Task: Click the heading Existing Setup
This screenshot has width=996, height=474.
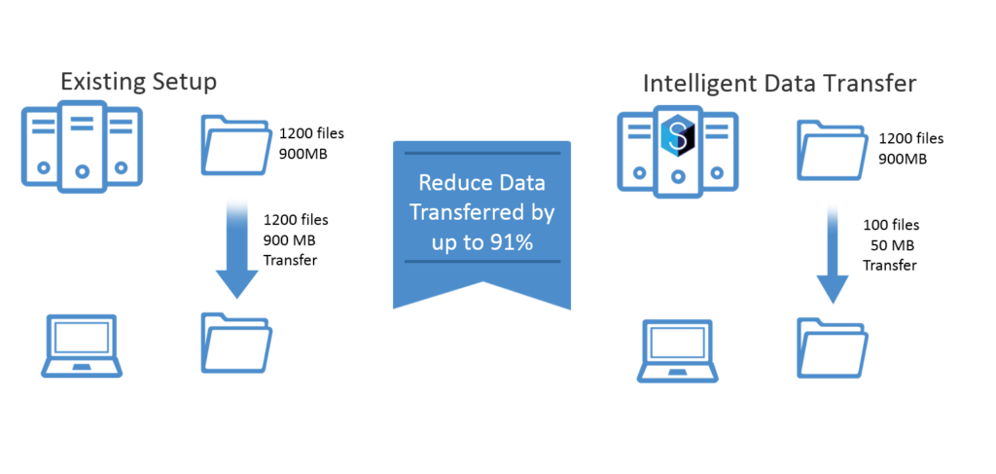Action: point(138,83)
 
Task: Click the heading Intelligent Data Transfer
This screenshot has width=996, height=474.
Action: point(779,85)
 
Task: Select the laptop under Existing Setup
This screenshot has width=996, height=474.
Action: point(82,346)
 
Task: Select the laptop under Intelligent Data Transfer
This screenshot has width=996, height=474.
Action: point(678,350)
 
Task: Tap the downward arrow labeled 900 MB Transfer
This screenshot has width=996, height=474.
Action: point(237,248)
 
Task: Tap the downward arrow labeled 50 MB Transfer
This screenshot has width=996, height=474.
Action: point(833,254)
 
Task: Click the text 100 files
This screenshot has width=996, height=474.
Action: point(891,225)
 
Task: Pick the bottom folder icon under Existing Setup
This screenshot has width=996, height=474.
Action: point(237,343)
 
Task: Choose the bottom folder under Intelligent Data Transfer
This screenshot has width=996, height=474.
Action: point(833,348)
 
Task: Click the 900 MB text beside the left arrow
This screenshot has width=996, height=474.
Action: point(289,240)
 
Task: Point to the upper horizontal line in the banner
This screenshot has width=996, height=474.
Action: point(482,153)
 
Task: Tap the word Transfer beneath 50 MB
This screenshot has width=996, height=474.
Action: point(889,266)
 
